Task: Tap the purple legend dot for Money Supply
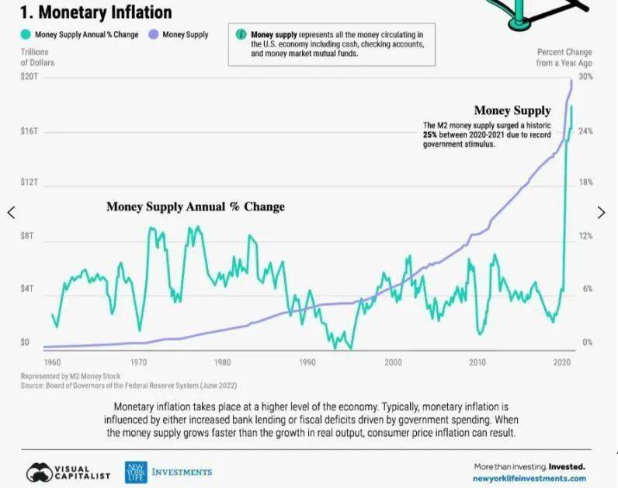tap(154, 35)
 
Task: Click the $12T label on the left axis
tap(27, 183)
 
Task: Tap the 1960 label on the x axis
tap(53, 363)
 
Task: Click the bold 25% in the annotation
tap(430, 135)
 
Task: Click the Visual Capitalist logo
tap(68, 472)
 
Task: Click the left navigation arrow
tap(11, 212)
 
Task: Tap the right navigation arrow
tap(601, 212)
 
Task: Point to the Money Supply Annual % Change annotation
tap(195, 207)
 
